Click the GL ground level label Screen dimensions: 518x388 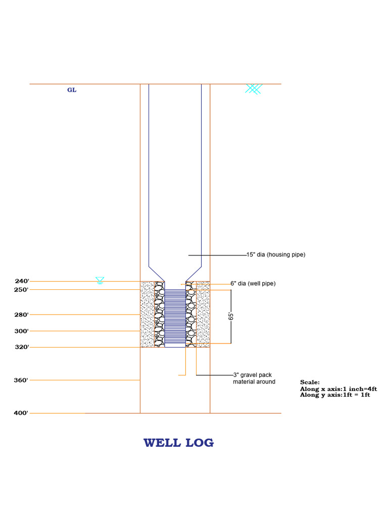pos(72,91)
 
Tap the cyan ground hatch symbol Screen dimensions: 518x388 pos(254,89)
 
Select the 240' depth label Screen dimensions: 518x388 pos(22,281)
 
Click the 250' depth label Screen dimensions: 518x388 pos(22,290)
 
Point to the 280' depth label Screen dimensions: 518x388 pos(22,315)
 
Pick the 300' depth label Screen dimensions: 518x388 pos(22,331)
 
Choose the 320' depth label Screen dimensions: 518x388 pos(22,348)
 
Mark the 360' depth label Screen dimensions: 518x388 pos(22,380)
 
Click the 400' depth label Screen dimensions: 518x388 pos(22,413)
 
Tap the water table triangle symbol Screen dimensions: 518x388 pos(100,280)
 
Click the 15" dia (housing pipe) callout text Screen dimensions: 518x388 pos(276,255)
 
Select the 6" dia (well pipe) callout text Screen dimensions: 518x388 pos(253,284)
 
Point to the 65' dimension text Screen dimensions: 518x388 pos(231,317)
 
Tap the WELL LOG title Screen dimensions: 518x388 pos(178,443)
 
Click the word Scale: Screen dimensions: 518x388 pos(310,382)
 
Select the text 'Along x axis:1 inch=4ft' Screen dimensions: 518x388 pos(338,388)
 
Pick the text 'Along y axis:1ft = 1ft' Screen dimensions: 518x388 pos(335,395)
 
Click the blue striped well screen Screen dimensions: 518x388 pos(175,318)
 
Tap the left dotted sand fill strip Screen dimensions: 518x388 pos(147,314)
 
